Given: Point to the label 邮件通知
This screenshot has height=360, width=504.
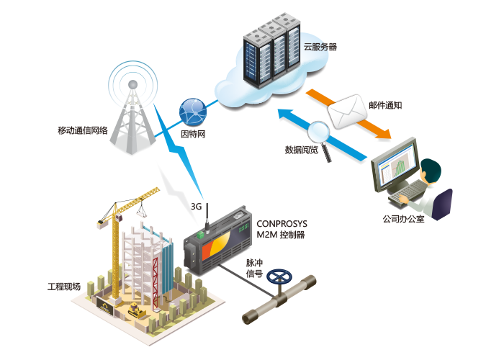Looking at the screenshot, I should [x=385, y=104].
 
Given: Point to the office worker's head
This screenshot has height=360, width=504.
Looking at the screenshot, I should [x=431, y=171].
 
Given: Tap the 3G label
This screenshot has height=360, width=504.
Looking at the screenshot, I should [x=196, y=206].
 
